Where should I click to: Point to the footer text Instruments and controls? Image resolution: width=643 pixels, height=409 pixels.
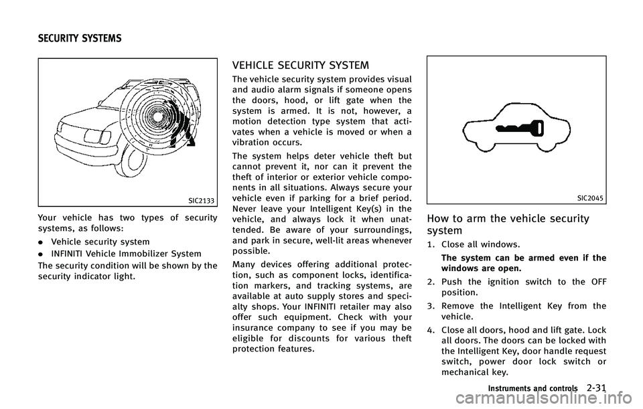tap(532, 389)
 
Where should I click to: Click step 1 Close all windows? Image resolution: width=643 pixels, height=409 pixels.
tap(476, 245)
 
